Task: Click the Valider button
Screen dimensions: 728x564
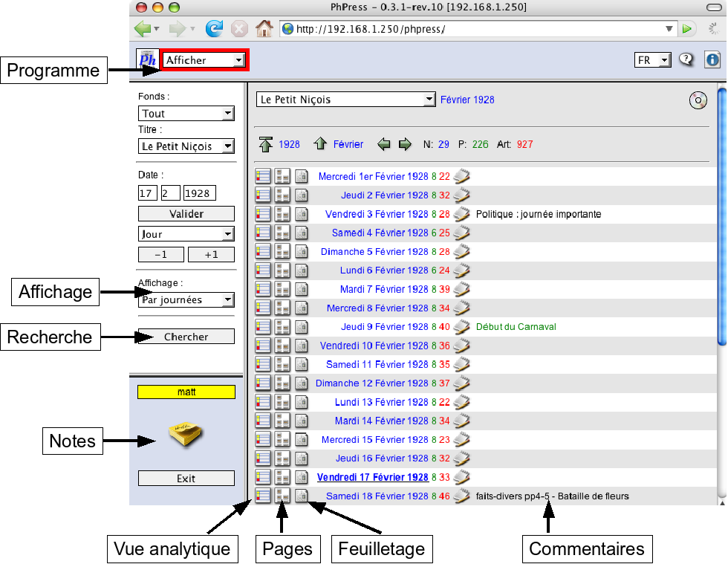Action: [x=186, y=214]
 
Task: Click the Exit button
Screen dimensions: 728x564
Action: [x=186, y=479]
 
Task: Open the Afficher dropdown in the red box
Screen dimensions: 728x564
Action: [x=204, y=60]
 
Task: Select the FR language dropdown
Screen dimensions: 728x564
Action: [x=652, y=60]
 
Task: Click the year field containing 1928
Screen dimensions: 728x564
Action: [x=199, y=193]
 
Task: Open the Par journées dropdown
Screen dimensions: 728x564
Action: [x=186, y=300]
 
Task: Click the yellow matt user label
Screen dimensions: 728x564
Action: [x=186, y=392]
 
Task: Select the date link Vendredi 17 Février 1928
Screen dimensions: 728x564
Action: [x=372, y=477]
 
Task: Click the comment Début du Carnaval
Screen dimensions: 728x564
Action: [x=516, y=327]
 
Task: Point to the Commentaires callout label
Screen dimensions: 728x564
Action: [x=586, y=550]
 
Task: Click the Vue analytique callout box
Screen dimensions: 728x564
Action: [x=172, y=550]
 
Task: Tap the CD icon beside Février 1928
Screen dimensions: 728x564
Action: [x=698, y=100]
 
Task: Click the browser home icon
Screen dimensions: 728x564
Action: [x=264, y=29]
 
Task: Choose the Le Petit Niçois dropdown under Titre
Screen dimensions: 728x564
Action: [x=186, y=146]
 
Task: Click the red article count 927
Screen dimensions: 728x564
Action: [x=525, y=144]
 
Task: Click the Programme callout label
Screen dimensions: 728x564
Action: [x=53, y=71]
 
